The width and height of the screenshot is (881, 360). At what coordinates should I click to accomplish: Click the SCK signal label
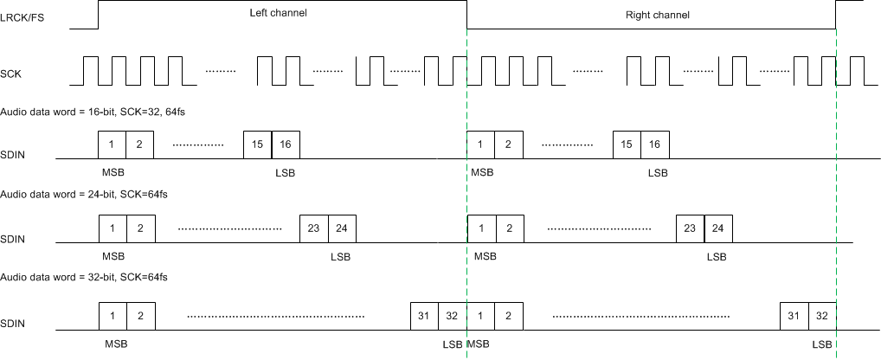click(x=11, y=74)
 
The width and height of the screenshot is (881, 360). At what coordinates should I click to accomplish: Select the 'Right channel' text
click(x=657, y=16)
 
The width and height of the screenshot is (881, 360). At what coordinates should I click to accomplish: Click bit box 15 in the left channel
click(x=257, y=145)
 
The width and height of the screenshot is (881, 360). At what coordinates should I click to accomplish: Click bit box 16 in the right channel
click(x=655, y=145)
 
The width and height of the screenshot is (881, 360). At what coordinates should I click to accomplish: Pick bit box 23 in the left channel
click(x=313, y=228)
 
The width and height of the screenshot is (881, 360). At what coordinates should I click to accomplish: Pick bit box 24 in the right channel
click(x=718, y=228)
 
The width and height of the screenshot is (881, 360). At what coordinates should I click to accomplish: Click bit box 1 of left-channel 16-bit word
click(x=113, y=145)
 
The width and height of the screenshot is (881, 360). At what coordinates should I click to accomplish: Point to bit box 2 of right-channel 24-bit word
click(x=510, y=228)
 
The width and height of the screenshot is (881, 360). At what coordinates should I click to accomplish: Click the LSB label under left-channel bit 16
click(x=285, y=173)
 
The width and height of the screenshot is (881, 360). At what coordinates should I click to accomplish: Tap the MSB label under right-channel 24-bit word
click(x=486, y=257)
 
